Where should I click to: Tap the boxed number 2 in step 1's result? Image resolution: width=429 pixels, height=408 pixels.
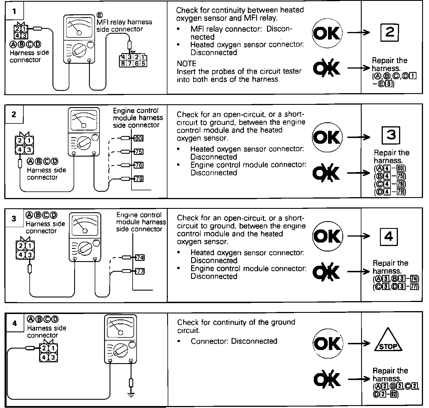coord(390,33)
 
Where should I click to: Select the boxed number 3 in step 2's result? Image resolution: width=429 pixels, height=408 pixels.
coord(391,135)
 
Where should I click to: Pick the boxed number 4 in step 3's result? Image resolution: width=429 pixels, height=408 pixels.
coord(389,237)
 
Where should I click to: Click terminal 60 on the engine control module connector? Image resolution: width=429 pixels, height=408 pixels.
coord(138,139)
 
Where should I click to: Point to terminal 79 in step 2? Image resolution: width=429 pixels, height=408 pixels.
coord(139,179)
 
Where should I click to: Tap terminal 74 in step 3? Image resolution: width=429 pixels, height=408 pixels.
coord(140,258)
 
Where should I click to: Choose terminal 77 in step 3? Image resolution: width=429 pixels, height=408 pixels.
coord(140,271)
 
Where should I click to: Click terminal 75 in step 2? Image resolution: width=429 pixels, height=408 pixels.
coord(139,152)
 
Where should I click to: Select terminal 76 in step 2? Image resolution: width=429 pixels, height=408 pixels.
coord(139,165)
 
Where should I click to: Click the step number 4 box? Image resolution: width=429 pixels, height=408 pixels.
coord(15,324)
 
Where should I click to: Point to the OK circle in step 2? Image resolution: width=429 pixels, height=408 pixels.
coord(327,137)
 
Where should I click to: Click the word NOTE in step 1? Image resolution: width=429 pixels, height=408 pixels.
coord(187,63)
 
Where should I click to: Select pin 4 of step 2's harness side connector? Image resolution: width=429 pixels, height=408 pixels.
coord(20,150)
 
